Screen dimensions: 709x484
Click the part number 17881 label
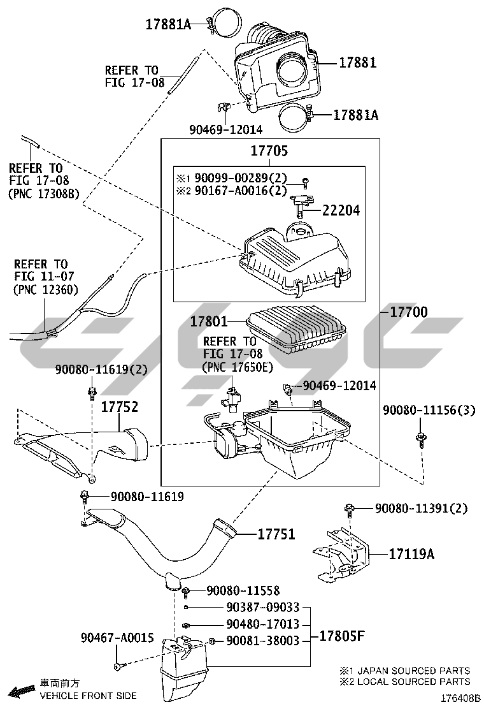tap(357, 62)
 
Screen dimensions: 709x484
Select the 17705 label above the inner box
tap(269, 151)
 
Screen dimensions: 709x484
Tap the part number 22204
tap(341, 210)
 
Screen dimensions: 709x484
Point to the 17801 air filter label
tap(208, 322)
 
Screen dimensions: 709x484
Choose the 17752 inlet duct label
tap(119, 406)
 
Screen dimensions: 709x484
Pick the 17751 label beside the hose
tap(276, 534)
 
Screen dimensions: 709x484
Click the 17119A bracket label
tap(411, 554)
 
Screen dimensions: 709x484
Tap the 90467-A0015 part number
tap(117, 638)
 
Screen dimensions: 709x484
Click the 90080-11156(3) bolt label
tap(429, 411)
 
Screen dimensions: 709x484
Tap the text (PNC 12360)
tap(45, 289)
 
